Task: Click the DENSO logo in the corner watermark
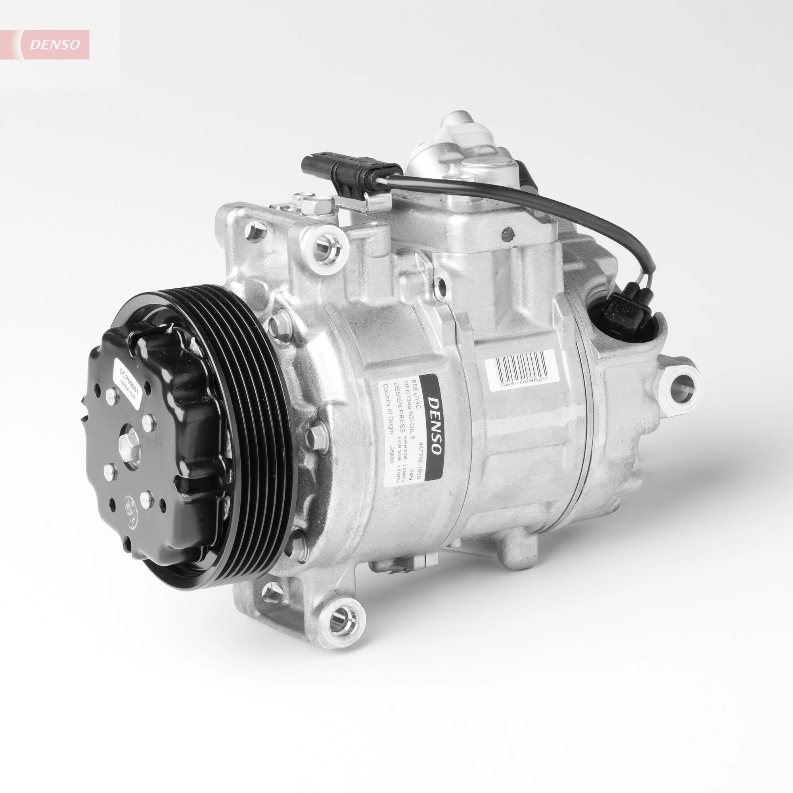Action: click(55, 44)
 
